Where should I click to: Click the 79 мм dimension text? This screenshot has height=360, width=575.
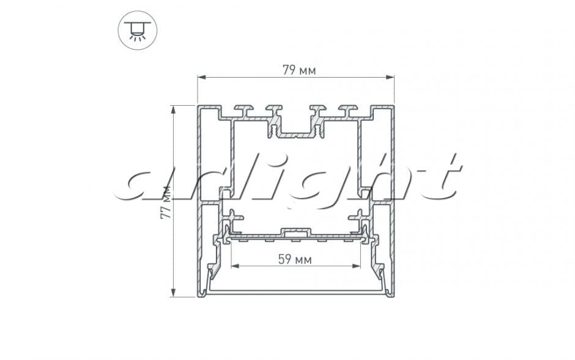point(299,70)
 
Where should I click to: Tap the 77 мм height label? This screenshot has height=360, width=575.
point(166,202)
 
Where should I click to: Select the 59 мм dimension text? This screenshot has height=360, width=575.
point(295,260)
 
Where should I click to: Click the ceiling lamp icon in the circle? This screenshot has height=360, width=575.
point(138,30)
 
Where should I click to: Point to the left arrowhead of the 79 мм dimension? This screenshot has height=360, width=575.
point(201,77)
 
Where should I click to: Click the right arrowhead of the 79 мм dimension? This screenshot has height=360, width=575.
point(390,77)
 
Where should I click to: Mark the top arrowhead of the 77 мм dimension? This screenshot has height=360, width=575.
point(173,109)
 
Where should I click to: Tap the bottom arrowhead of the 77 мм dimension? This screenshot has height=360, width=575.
point(173,293)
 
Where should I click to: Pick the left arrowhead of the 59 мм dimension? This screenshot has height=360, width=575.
point(235,266)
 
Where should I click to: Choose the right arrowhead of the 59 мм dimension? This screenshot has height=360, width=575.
point(356,266)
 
